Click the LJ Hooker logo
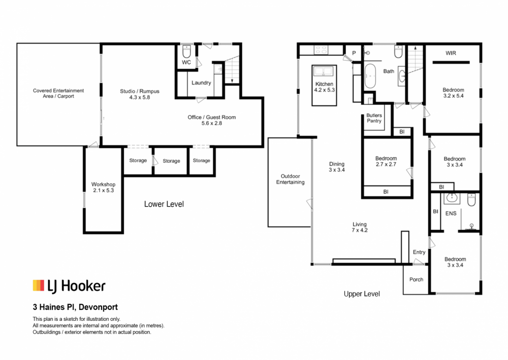pyautogui.click(x=69, y=286)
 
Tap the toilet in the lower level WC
pyautogui.click(x=187, y=51)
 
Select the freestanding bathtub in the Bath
pyautogui.click(x=370, y=76)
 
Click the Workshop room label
pyautogui.click(x=103, y=184)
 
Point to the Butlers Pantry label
pyautogui.click(x=374, y=118)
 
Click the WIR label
pyautogui.click(x=450, y=53)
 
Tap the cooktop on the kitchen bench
pyautogui.click(x=321, y=50)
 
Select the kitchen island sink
pyautogui.click(x=324, y=71)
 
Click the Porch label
pyautogui.click(x=416, y=279)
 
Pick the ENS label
pyautogui.click(x=451, y=214)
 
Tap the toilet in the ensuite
pyautogui.click(x=471, y=200)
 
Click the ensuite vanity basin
pyautogui.click(x=451, y=198)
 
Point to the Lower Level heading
pyautogui.click(x=164, y=204)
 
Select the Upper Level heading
pyautogui.click(x=362, y=294)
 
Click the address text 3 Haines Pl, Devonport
pyautogui.click(x=75, y=307)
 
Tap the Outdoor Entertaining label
pyautogui.click(x=290, y=179)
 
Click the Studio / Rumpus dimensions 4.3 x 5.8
pyautogui.click(x=139, y=97)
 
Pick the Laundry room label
pyautogui.click(x=201, y=83)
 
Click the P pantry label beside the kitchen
pyautogui.click(x=354, y=53)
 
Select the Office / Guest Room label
pyautogui.click(x=212, y=117)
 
